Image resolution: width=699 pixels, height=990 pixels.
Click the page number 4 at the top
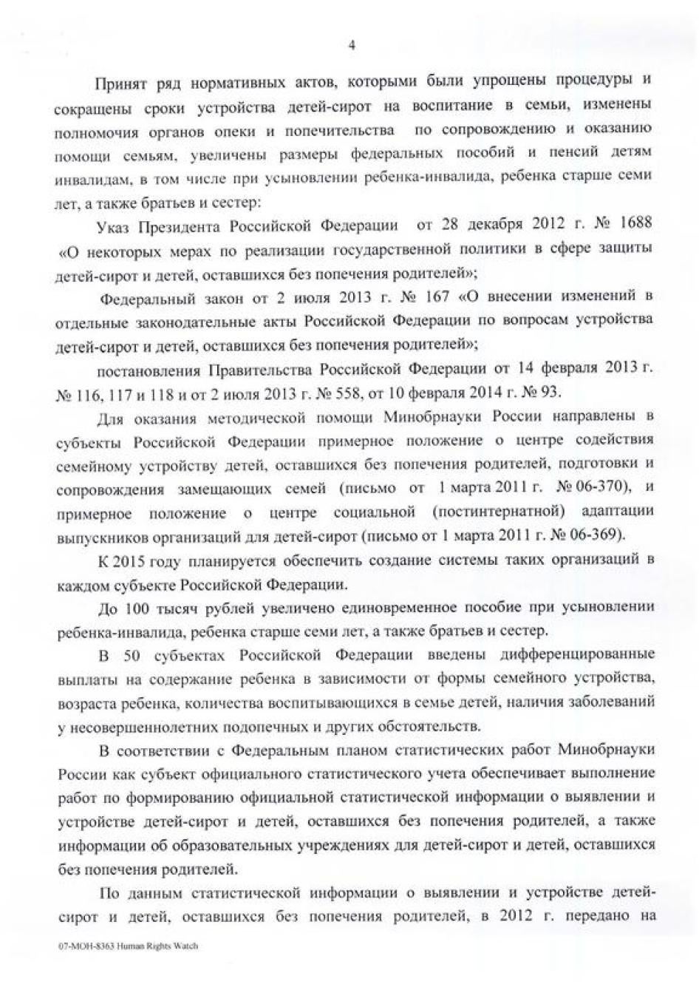point(352,46)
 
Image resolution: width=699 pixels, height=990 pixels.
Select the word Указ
point(114,225)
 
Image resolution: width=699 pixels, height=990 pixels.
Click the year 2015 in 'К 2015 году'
point(134,559)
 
